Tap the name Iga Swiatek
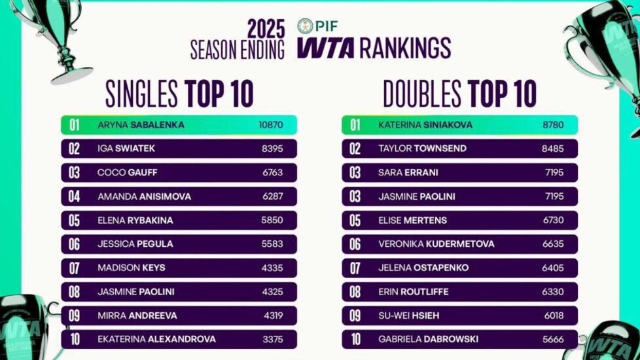(127, 149)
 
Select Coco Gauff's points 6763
(272, 173)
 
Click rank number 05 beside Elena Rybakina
(75, 221)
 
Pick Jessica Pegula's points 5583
(272, 244)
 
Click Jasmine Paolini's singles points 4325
(272, 292)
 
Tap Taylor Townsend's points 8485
(552, 149)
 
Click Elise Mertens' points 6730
(552, 221)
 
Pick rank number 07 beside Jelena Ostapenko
(355, 268)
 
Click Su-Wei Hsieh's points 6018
(552, 315)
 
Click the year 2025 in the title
(266, 28)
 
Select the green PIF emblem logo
(305, 26)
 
